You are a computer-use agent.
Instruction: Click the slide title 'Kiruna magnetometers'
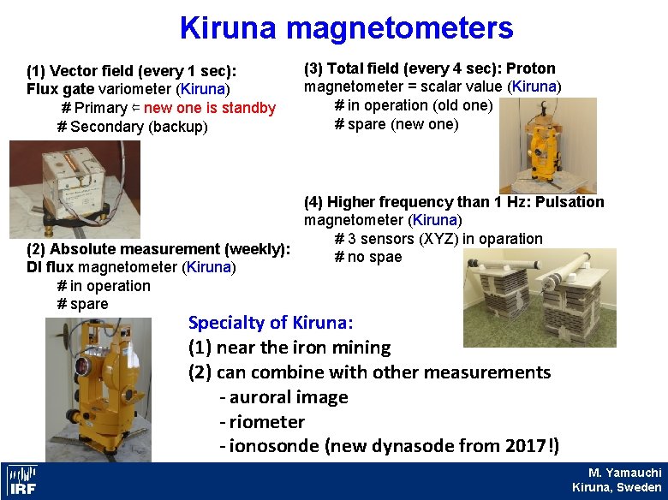346,28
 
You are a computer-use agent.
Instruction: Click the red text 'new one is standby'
210,108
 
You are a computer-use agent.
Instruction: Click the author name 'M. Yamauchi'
624,473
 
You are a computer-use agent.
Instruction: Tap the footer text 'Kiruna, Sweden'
617,487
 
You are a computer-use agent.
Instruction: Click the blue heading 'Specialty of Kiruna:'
271,323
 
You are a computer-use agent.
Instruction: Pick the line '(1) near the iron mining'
289,348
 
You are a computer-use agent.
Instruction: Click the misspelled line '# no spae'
367,257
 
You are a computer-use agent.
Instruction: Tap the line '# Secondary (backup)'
132,127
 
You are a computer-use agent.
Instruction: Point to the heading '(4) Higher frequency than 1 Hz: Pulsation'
454,202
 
